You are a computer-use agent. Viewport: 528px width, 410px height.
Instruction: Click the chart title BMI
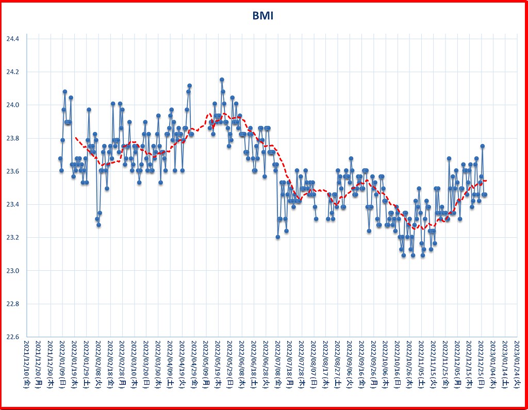(263, 16)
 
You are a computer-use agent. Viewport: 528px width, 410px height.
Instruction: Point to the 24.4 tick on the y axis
(12, 39)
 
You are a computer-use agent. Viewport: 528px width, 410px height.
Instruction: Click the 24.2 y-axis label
(12, 72)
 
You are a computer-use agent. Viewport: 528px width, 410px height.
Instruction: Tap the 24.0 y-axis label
(12, 105)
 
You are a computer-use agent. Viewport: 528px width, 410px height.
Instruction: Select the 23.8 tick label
(12, 138)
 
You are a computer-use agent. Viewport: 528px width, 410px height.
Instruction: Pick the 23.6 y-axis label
(12, 171)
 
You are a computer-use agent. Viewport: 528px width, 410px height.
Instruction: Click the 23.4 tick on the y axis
(12, 205)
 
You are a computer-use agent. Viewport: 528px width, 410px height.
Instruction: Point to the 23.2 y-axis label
(12, 238)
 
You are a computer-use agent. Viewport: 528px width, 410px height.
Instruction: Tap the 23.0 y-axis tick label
(12, 271)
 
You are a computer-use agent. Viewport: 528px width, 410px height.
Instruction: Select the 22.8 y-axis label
(12, 304)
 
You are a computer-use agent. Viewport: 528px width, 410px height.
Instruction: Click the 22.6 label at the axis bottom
(12, 337)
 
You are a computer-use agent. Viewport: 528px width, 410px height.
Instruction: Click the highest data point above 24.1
(222, 79)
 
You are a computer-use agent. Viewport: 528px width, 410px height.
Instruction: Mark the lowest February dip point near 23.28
(98, 224)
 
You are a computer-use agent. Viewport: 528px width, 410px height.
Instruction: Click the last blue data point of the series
(485, 194)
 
